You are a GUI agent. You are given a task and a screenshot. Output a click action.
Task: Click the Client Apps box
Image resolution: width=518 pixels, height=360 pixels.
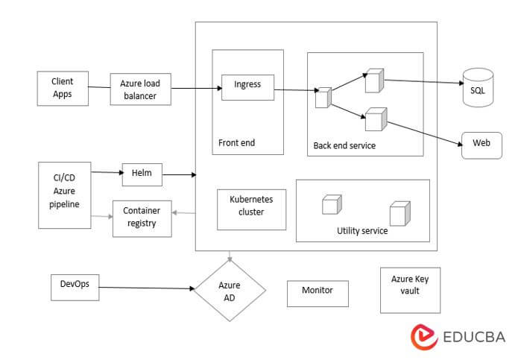point(63,88)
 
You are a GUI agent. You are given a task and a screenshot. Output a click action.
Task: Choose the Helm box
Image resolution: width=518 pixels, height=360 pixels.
point(142,174)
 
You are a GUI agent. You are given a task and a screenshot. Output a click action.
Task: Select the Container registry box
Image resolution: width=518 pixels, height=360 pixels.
point(141,218)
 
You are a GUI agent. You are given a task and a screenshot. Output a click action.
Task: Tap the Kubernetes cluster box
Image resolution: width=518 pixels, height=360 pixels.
point(251,209)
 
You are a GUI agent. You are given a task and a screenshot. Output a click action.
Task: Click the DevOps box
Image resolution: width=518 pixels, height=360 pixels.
point(75,287)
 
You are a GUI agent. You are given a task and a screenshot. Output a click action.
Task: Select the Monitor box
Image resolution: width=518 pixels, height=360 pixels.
point(318,293)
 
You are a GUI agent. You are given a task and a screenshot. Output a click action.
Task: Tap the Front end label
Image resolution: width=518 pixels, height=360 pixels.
point(236,142)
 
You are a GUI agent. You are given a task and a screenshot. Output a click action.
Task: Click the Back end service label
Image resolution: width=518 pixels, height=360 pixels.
point(344,145)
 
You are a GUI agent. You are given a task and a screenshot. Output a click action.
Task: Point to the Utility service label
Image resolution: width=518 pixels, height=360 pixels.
point(362,231)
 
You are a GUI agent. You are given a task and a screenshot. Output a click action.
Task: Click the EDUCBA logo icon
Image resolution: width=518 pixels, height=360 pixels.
point(423,336)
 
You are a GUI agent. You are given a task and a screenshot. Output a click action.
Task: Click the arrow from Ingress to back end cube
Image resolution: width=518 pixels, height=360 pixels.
point(294,91)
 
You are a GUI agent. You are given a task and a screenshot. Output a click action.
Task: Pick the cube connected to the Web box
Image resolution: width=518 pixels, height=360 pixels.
point(375,119)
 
